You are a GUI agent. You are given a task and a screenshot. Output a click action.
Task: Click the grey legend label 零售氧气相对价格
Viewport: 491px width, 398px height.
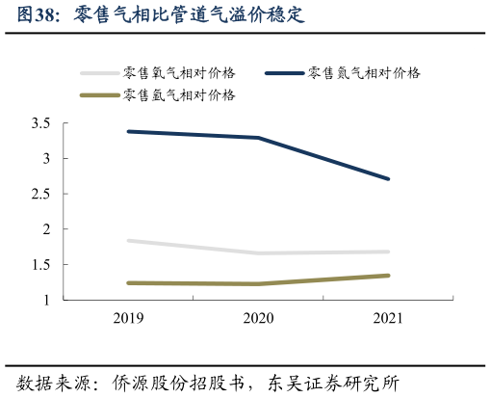coord(180,72)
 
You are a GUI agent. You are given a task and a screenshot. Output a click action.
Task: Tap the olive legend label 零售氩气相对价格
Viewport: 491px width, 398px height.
coord(180,94)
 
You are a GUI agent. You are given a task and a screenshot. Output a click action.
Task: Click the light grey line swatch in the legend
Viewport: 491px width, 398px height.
coord(99,72)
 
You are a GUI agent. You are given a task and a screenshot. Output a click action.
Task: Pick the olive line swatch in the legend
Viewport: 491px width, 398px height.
coord(99,94)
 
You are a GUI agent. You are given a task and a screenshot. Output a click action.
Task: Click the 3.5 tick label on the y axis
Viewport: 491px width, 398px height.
coord(40,123)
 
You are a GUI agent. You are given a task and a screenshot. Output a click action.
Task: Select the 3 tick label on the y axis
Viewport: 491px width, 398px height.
coord(46,159)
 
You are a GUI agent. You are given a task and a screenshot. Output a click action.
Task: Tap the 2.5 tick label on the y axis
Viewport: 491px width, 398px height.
coord(40,195)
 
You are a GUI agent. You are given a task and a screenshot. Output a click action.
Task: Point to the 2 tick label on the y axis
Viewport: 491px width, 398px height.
coord(46,229)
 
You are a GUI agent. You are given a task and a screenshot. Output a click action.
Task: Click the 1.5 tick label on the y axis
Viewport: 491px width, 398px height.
coord(40,265)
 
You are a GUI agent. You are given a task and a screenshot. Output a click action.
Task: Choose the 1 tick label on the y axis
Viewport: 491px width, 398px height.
coord(46,301)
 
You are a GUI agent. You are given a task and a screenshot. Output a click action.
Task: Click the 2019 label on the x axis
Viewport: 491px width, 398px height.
coord(128,318)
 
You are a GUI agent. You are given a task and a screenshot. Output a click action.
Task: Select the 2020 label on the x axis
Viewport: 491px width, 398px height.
coord(258,318)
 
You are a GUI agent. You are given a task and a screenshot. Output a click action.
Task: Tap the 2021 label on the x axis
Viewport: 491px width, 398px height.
coord(387,318)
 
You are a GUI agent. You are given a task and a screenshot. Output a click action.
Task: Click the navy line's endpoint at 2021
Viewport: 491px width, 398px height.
coord(388,178)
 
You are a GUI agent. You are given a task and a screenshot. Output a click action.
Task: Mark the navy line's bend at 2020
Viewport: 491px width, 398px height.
coord(258,138)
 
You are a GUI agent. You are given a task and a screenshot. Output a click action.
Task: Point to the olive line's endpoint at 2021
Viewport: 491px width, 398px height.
coord(388,276)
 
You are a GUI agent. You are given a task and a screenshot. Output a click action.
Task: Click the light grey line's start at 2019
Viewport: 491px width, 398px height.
coord(128,241)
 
